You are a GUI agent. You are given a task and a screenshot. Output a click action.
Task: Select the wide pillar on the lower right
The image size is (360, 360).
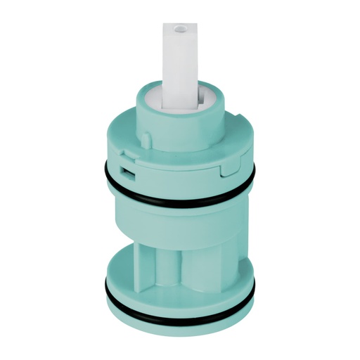[x=211, y=260]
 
